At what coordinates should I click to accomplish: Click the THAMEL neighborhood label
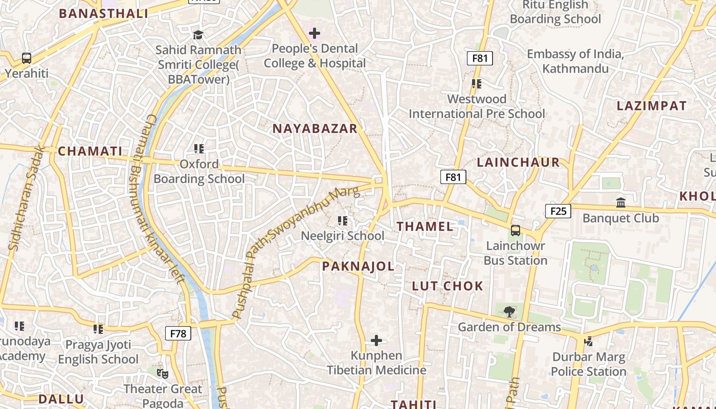[x=425, y=226]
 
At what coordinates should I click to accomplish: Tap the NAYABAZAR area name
[x=315, y=128]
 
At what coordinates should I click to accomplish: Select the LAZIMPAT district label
[x=652, y=106]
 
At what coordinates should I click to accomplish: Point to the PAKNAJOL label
[x=358, y=266]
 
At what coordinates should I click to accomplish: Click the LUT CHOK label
[x=447, y=286]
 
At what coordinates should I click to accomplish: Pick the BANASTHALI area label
[x=104, y=14]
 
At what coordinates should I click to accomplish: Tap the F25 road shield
[x=557, y=211]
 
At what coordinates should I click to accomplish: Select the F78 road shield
[x=178, y=334]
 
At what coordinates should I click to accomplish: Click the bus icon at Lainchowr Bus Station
[x=516, y=231]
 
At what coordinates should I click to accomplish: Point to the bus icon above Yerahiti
[x=27, y=58]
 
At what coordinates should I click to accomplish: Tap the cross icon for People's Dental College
[x=315, y=34]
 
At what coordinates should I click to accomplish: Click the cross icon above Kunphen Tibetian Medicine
[x=376, y=340]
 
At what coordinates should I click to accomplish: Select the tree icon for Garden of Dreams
[x=509, y=311]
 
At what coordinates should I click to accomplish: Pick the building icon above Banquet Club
[x=621, y=203]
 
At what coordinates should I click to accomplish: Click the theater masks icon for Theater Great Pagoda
[x=163, y=374]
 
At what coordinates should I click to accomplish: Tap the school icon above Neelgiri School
[x=343, y=221]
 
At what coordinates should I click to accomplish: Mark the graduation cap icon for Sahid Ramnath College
[x=198, y=35]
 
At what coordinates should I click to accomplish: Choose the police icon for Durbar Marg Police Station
[x=589, y=341]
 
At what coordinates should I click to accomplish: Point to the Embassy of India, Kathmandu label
[x=575, y=61]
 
